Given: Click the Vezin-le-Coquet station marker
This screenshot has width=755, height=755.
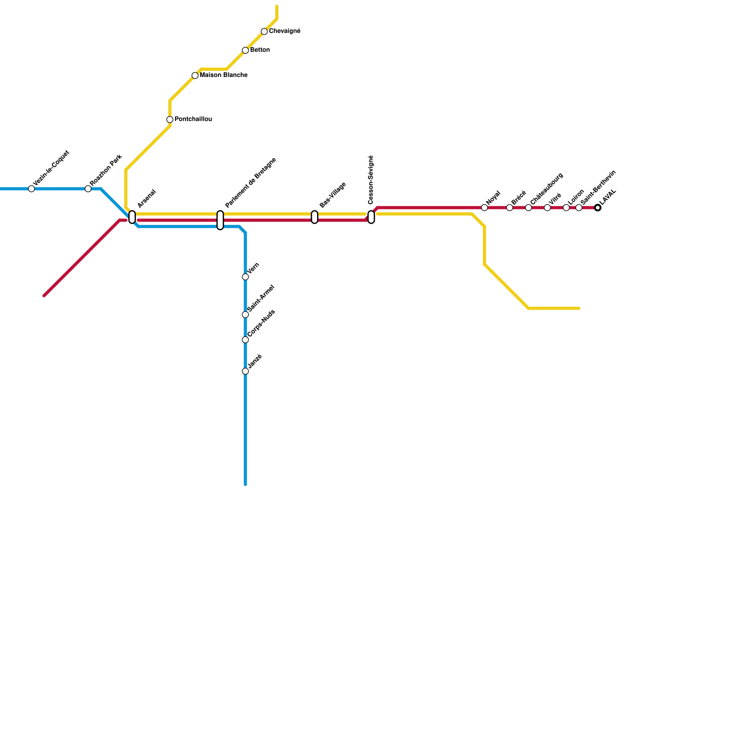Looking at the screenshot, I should [31, 189].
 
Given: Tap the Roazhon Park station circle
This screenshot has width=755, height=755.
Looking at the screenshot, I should [88, 189].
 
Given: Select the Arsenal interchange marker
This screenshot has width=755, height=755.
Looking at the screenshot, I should [132, 217].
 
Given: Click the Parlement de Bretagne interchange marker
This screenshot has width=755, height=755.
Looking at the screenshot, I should [220, 220].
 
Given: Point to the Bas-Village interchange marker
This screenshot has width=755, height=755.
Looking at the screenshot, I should [314, 217].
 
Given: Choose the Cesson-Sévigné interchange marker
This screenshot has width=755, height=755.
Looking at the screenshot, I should [371, 217].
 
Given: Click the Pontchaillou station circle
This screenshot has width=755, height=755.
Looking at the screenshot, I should [170, 119].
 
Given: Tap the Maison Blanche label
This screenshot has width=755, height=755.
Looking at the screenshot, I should [224, 75].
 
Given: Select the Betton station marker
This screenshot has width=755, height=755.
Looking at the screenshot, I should [245, 50].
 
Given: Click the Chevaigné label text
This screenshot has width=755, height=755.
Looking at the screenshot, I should [285, 31].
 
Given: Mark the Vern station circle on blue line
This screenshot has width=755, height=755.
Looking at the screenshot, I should [245, 277].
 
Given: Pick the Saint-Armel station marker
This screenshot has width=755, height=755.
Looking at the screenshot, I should [245, 315].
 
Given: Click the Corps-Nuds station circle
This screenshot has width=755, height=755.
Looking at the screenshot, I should [245, 340].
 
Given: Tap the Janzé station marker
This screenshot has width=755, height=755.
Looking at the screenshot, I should [245, 371].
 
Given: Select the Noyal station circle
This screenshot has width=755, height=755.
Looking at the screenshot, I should [484, 208].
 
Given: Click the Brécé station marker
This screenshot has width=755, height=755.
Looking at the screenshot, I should [510, 208].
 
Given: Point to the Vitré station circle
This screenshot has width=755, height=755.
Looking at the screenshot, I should [547, 208].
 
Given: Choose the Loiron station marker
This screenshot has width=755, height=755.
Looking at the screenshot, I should [566, 208].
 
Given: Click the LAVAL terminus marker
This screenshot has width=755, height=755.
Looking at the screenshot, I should [598, 208].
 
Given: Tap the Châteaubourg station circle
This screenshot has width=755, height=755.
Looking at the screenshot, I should [528, 208].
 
